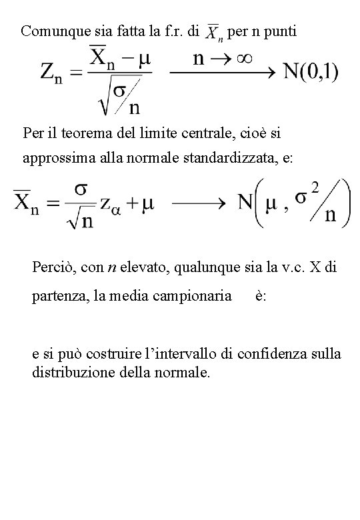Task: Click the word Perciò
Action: [50, 268]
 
